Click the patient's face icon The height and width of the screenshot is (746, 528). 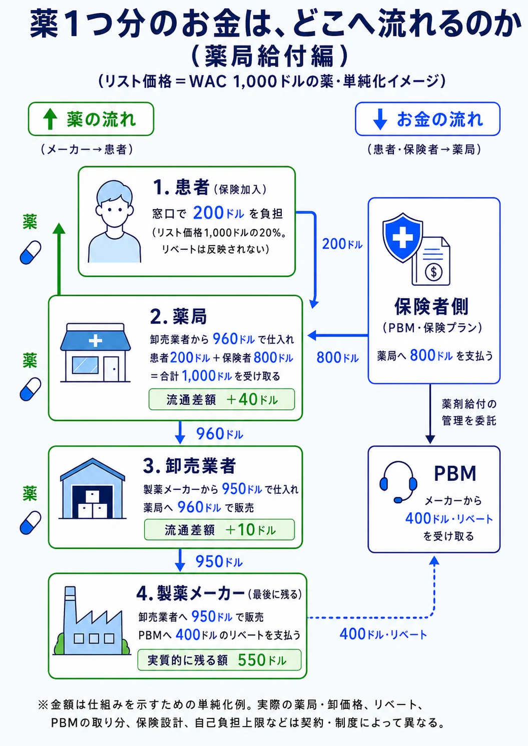pyautogui.click(x=114, y=221)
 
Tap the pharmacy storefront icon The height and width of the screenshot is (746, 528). pyautogui.click(x=95, y=352)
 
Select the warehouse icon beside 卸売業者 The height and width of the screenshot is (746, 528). pyautogui.click(x=93, y=488)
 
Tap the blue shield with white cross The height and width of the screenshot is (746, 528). pyautogui.click(x=403, y=238)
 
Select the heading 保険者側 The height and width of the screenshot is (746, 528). pyautogui.click(x=431, y=306)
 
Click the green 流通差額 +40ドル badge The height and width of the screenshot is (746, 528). pyautogui.click(x=222, y=399)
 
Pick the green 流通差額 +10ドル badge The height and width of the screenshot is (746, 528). pyautogui.click(x=219, y=529)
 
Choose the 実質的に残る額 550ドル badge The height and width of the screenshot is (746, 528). pyautogui.click(x=219, y=660)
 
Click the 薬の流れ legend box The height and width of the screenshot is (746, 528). pyautogui.click(x=91, y=119)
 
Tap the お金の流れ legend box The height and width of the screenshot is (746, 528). pyautogui.click(x=427, y=119)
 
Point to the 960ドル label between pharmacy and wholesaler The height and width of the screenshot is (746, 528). pyautogui.click(x=220, y=434)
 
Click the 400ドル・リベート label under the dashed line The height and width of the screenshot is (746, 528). pyautogui.click(x=383, y=634)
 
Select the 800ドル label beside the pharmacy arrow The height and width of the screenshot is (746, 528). pyautogui.click(x=337, y=357)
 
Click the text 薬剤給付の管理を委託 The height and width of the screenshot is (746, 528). pyautogui.click(x=469, y=412)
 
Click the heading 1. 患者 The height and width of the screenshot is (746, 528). pyautogui.click(x=181, y=187)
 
